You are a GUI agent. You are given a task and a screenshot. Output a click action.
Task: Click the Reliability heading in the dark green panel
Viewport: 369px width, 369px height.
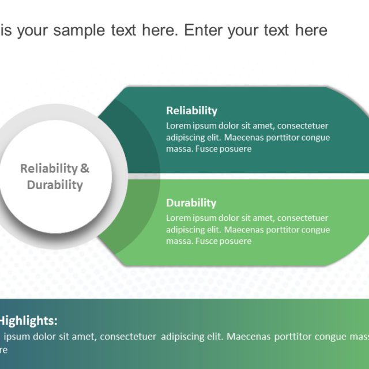click(x=191, y=111)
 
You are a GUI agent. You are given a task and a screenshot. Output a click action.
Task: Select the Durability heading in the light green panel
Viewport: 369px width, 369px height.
click(x=191, y=203)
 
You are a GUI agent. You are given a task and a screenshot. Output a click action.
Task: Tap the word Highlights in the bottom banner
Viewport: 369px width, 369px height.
click(x=28, y=321)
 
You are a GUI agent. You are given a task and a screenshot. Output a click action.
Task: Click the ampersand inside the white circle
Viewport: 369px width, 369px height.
click(x=85, y=169)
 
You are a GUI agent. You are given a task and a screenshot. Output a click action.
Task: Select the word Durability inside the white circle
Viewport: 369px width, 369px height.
click(x=55, y=185)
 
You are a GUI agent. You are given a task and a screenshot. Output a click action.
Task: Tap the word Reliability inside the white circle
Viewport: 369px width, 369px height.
click(x=48, y=169)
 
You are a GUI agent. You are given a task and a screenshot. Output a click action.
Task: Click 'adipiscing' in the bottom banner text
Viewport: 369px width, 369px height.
click(x=184, y=336)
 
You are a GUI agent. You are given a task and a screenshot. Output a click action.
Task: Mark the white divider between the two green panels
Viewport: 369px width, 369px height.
click(x=259, y=176)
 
